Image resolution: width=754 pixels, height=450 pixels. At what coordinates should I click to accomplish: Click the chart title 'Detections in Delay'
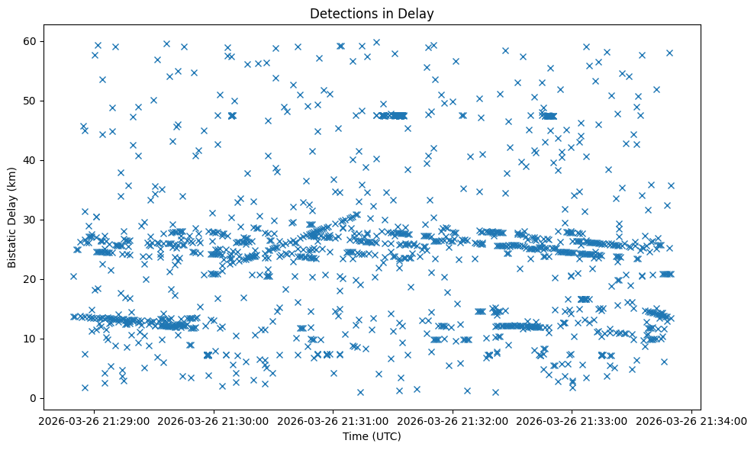point(372,13)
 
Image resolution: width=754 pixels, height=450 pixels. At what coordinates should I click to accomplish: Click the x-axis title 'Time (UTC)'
point(372,437)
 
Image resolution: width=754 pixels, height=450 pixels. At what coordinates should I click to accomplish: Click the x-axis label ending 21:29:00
point(95,420)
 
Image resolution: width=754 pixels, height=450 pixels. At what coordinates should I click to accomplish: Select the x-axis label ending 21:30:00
point(214,420)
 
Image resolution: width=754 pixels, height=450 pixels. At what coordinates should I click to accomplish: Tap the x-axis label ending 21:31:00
point(333,420)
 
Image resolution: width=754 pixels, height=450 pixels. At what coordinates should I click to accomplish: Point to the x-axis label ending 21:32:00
point(453,420)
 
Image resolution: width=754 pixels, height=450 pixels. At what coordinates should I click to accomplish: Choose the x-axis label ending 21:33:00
point(572,420)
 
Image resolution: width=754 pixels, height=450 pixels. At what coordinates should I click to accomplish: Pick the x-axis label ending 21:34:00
point(691,420)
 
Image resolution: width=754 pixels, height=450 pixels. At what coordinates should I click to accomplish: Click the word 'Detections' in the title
point(340,13)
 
